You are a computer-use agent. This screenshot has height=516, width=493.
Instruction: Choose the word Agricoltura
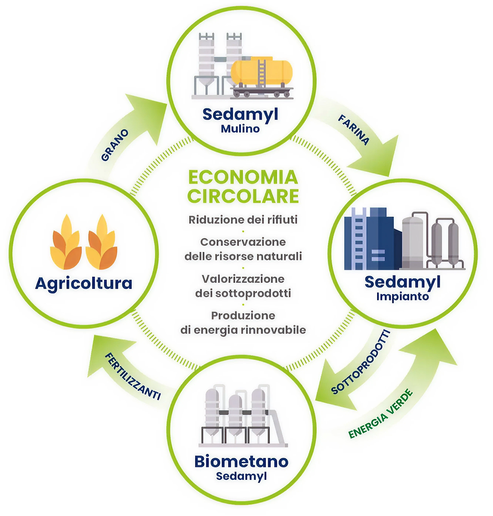83,283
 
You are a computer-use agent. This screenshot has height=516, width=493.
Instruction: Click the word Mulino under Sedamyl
240,128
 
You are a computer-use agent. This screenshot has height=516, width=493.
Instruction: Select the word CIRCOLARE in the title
243,196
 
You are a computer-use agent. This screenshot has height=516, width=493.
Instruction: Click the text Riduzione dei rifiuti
243,220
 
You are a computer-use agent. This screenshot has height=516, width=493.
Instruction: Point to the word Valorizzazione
243,279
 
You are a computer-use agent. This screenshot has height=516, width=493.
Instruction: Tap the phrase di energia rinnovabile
243,330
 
